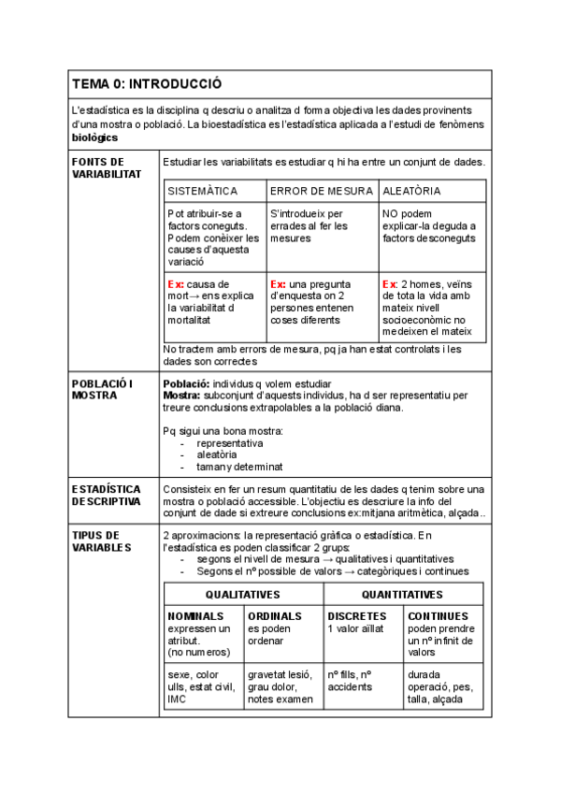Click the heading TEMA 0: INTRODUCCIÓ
click(147, 83)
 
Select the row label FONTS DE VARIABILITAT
click(106, 168)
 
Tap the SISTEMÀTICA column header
click(203, 191)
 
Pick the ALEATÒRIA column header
click(412, 191)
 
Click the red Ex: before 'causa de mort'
click(176, 283)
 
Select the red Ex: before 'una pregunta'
click(278, 283)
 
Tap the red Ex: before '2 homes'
click(390, 283)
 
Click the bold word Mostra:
click(185, 396)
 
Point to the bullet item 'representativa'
click(230, 443)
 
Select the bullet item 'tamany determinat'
click(239, 467)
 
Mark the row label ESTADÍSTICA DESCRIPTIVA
click(106, 496)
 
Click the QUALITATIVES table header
click(243, 594)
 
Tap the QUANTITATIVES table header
click(403, 594)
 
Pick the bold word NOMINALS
click(195, 616)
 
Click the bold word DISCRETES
click(357, 616)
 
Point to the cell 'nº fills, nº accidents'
click(352, 680)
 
